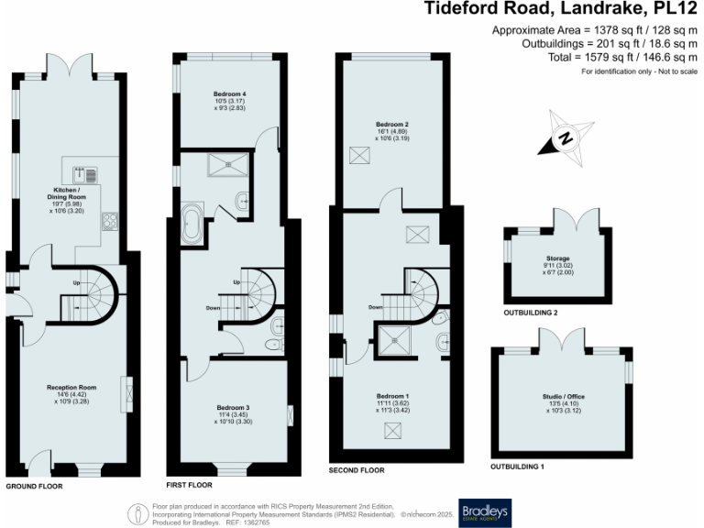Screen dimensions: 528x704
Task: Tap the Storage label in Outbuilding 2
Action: pos(556,271)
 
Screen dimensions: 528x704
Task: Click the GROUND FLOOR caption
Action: pos(34,487)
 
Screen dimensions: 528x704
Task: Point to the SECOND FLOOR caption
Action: pos(357,470)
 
